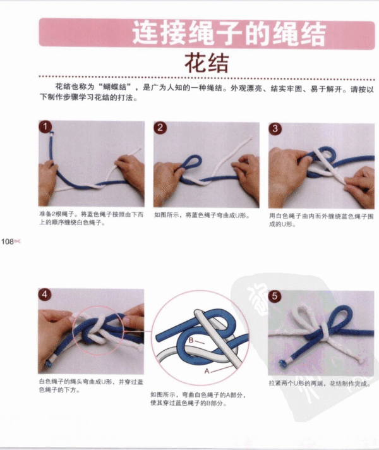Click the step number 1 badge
(x=45, y=128)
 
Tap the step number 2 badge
(x=161, y=128)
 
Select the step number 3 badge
(x=276, y=128)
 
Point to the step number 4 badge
(x=45, y=295)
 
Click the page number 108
(x=8, y=241)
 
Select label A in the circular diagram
(x=207, y=372)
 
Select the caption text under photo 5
(x=318, y=383)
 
